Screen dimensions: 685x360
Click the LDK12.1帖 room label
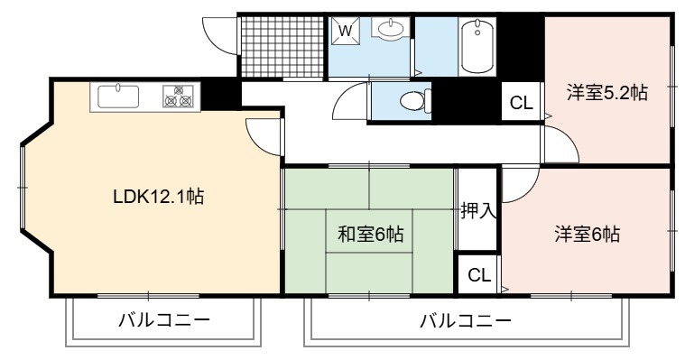pos(158,197)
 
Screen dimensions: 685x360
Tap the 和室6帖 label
pos(370,235)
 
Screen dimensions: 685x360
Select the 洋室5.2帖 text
pos(606,93)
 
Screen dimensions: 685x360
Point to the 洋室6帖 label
pos(587,235)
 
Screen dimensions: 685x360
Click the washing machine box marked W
pos(345,31)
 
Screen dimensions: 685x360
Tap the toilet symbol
pos(415,101)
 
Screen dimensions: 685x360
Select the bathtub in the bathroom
pos(477,46)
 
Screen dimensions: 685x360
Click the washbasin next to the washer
pos(391,28)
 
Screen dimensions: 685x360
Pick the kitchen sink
pos(118,97)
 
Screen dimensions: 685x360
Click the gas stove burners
pos(178,97)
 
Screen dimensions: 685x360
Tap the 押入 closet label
pos(478,210)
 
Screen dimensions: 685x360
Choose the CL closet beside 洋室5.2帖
pos(521,103)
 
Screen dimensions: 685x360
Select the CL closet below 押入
pos(479,275)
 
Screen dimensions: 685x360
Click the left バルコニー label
pos(164,320)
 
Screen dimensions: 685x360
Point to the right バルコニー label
pos(466,321)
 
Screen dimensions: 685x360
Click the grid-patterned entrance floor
pos(282,47)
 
